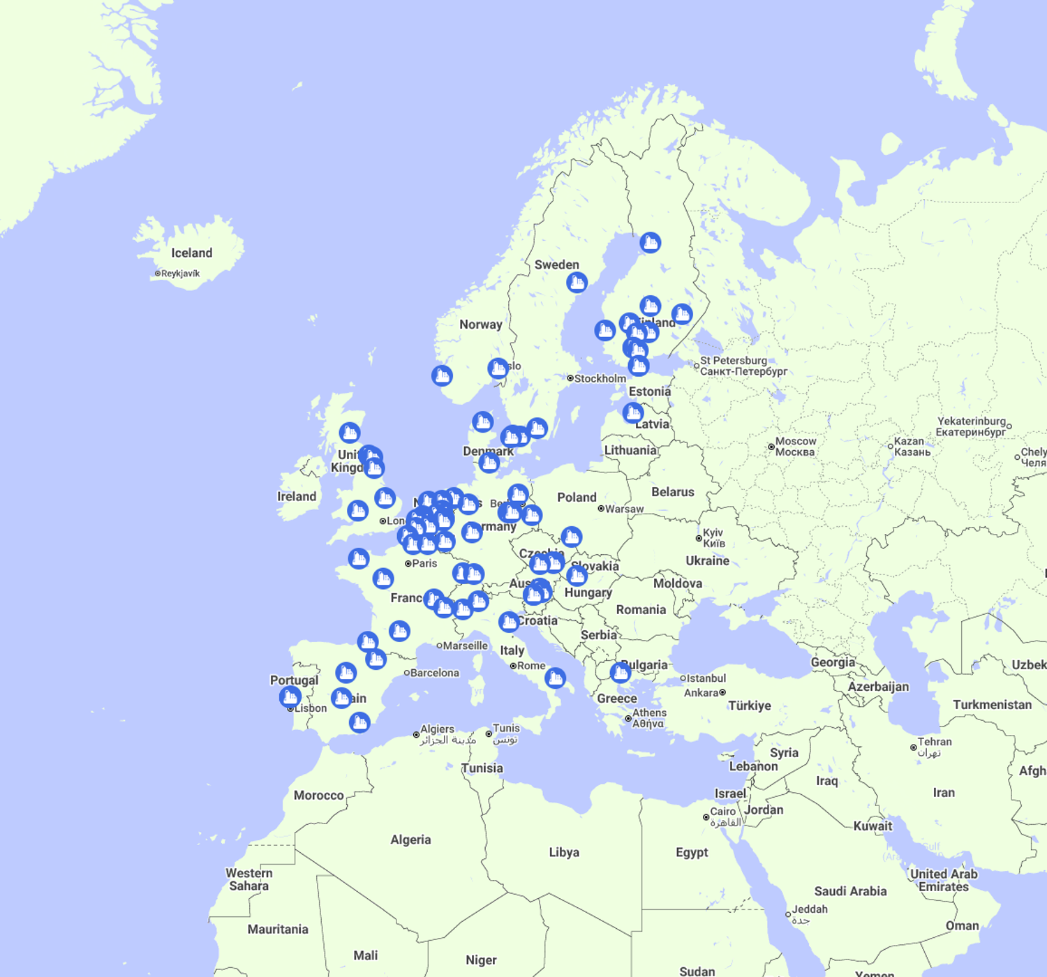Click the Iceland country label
pos(192,253)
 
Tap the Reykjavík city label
pos(180,274)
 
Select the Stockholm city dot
pos(570,378)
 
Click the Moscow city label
pos(795,447)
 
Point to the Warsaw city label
pos(624,509)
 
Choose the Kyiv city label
pos(713,537)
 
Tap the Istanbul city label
pos(706,678)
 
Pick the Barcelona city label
pos(434,673)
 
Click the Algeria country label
pos(410,840)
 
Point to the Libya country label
pos(564,852)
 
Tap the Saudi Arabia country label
pos(850,891)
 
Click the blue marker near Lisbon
pos(290,696)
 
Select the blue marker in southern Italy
pos(555,677)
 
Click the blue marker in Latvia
pos(633,412)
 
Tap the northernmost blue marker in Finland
pos(650,242)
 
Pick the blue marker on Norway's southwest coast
pos(442,375)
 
